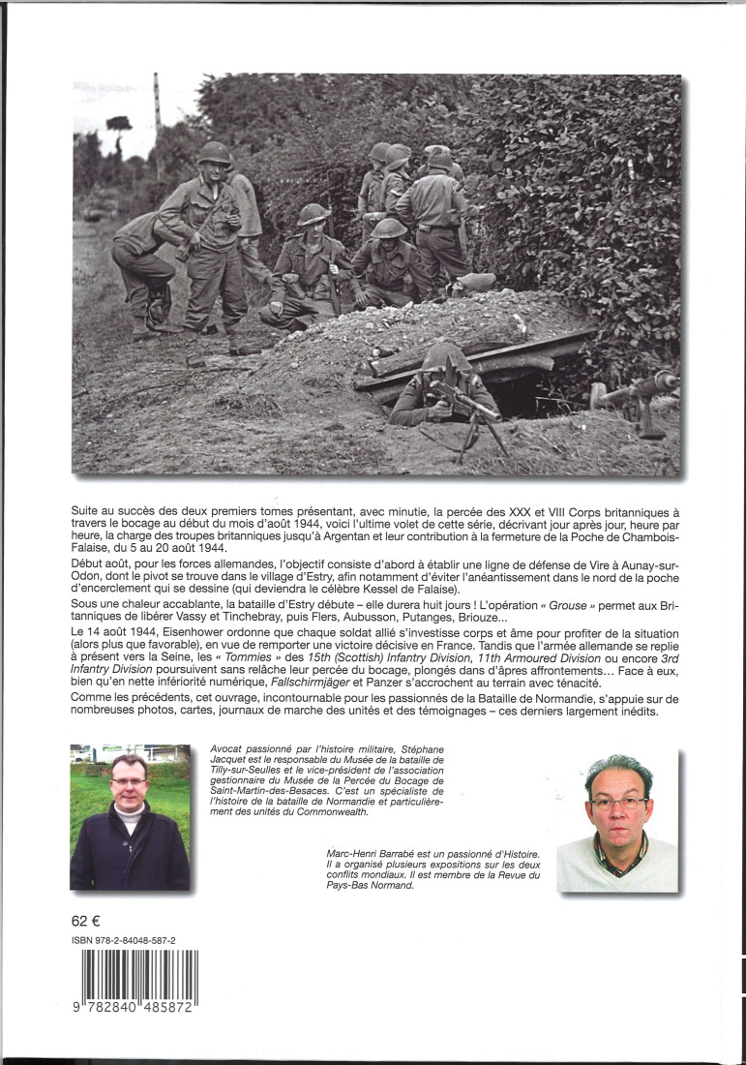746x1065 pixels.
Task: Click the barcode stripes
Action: pyautogui.click(x=139, y=975)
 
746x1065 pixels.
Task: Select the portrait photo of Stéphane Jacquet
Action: pyautogui.click(x=130, y=816)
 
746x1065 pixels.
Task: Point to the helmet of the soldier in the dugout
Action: pyautogui.click(x=444, y=357)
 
